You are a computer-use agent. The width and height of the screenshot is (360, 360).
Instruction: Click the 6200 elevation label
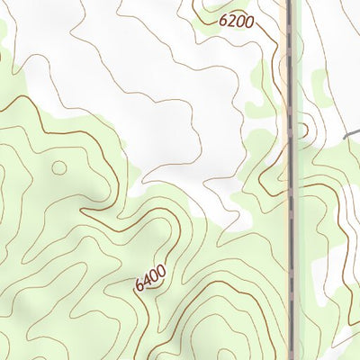237,20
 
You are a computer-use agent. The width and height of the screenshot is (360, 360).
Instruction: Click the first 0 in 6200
240,21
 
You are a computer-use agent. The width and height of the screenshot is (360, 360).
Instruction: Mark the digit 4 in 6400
147,282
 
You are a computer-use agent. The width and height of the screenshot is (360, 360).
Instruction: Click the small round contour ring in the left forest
59,167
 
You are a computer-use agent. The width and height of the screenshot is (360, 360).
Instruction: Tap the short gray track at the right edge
352,133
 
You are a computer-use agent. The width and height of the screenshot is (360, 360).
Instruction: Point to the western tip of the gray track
344,137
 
